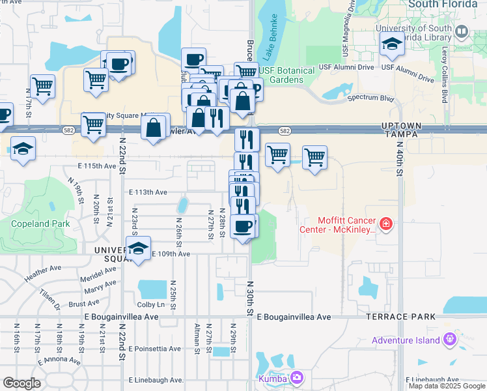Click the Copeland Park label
coord(31,224)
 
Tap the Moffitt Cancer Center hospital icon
coord(386,224)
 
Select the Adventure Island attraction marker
coord(449,340)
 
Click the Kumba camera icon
coord(298,377)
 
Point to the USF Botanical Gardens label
coord(286,75)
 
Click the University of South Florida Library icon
coord(462,31)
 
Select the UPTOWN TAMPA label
coord(421,130)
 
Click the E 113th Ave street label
coord(148,192)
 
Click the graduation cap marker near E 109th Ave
coord(139,248)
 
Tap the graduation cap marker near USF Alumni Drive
coord(393,44)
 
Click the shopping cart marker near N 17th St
coord(42,85)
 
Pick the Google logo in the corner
coord(21,383)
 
